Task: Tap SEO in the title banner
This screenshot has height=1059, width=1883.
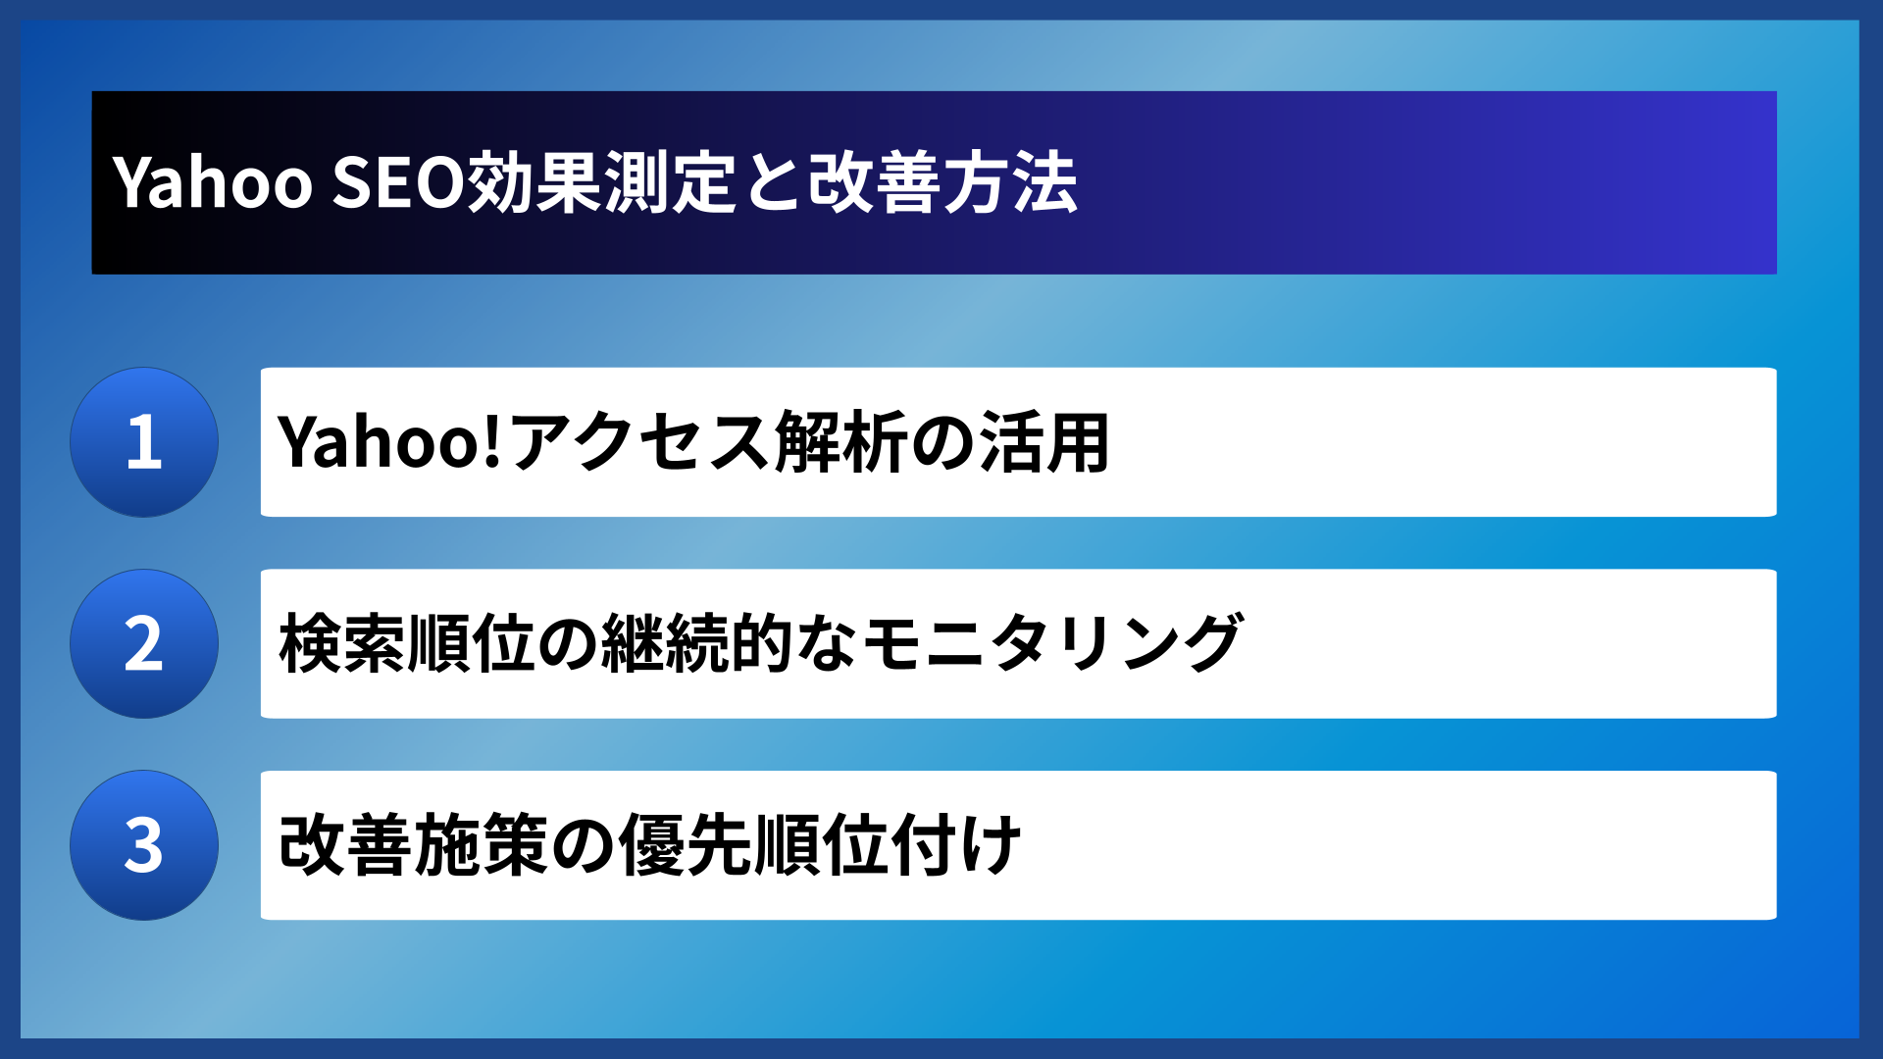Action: [397, 183]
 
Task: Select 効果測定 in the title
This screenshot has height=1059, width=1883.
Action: [600, 183]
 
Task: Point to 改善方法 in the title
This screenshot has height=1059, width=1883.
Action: [943, 183]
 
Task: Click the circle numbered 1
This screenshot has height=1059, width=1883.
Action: [144, 442]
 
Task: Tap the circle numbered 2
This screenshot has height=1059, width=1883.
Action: [144, 644]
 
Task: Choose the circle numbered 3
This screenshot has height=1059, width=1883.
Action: [144, 845]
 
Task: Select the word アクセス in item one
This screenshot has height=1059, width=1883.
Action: [640, 442]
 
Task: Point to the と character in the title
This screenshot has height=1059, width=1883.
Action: [773, 183]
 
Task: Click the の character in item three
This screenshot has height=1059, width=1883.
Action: [583, 845]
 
